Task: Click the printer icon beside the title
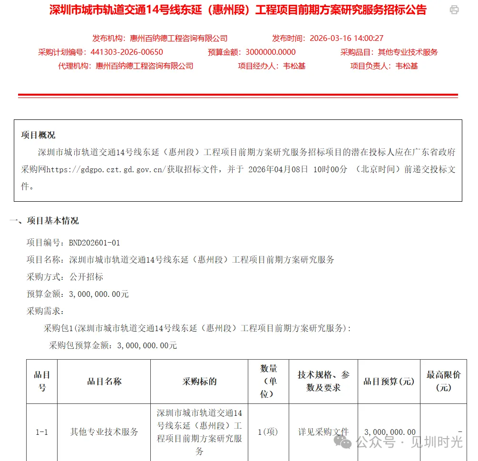454,10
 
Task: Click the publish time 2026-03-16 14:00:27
346,39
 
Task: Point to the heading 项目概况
38,135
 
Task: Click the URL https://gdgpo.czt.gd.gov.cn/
106,169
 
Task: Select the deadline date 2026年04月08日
278,169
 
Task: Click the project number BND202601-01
95,243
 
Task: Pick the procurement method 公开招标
86,277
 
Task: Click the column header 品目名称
104,382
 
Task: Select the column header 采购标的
199,382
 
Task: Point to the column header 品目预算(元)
389,382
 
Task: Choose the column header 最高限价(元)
443,381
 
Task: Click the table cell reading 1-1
42,432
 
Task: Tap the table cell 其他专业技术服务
104,432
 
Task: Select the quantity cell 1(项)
268,432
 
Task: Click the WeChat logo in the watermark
343,442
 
